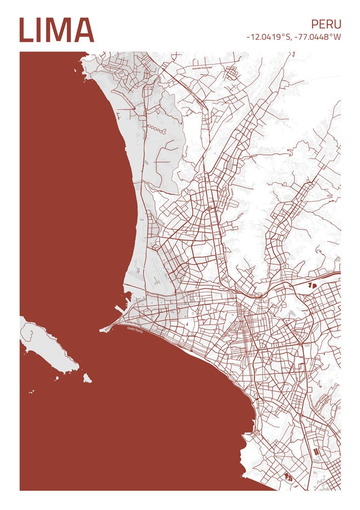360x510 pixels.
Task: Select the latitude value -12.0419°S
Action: click(x=267, y=37)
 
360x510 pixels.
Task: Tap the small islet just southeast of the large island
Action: click(x=87, y=378)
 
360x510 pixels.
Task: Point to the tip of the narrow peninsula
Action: click(x=101, y=330)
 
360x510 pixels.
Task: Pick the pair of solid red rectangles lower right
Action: click(x=317, y=452)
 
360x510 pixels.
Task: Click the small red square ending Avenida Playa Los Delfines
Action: click(x=134, y=109)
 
